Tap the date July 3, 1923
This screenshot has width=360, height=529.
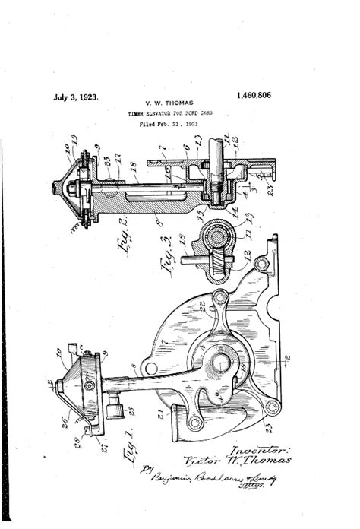coord(76,97)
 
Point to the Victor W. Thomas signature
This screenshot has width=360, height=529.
coord(236,461)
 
